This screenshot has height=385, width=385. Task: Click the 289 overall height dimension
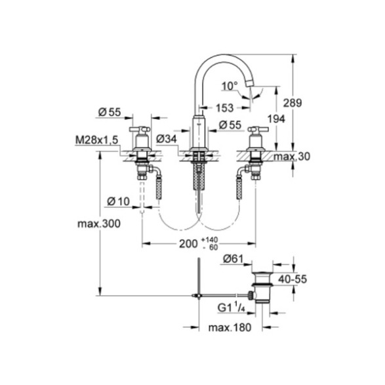pyautogui.click(x=292, y=102)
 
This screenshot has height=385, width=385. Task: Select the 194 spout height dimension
pyautogui.click(x=276, y=119)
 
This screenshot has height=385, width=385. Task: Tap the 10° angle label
pyautogui.click(x=230, y=86)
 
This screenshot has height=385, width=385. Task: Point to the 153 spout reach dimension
pyautogui.click(x=225, y=108)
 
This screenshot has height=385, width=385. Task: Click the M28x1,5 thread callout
pyautogui.click(x=96, y=140)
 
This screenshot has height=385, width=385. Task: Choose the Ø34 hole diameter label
pyautogui.click(x=167, y=140)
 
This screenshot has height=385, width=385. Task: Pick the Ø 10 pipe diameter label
pyautogui.click(x=118, y=201)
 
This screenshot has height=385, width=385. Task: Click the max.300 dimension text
pyautogui.click(x=99, y=224)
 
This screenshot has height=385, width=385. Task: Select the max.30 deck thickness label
pyautogui.click(x=292, y=156)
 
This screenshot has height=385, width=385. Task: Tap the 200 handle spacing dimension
pyautogui.click(x=188, y=244)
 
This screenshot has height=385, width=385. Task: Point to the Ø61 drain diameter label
pyautogui.click(x=233, y=259)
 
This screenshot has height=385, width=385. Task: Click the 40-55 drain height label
pyautogui.click(x=293, y=279)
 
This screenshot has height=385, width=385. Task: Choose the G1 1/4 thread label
pyautogui.click(x=232, y=308)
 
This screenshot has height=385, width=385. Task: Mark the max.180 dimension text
pyautogui.click(x=230, y=327)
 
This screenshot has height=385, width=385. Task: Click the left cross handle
pyautogui.click(x=140, y=129)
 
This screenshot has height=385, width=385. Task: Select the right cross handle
pyautogui.click(x=258, y=129)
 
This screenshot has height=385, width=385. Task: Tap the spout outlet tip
pyautogui.click(x=250, y=85)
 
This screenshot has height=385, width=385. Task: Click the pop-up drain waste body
pyautogui.click(x=262, y=287)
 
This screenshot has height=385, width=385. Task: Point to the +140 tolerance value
pyautogui.click(x=209, y=240)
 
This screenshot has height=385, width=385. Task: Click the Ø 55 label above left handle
pyautogui.click(x=110, y=112)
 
